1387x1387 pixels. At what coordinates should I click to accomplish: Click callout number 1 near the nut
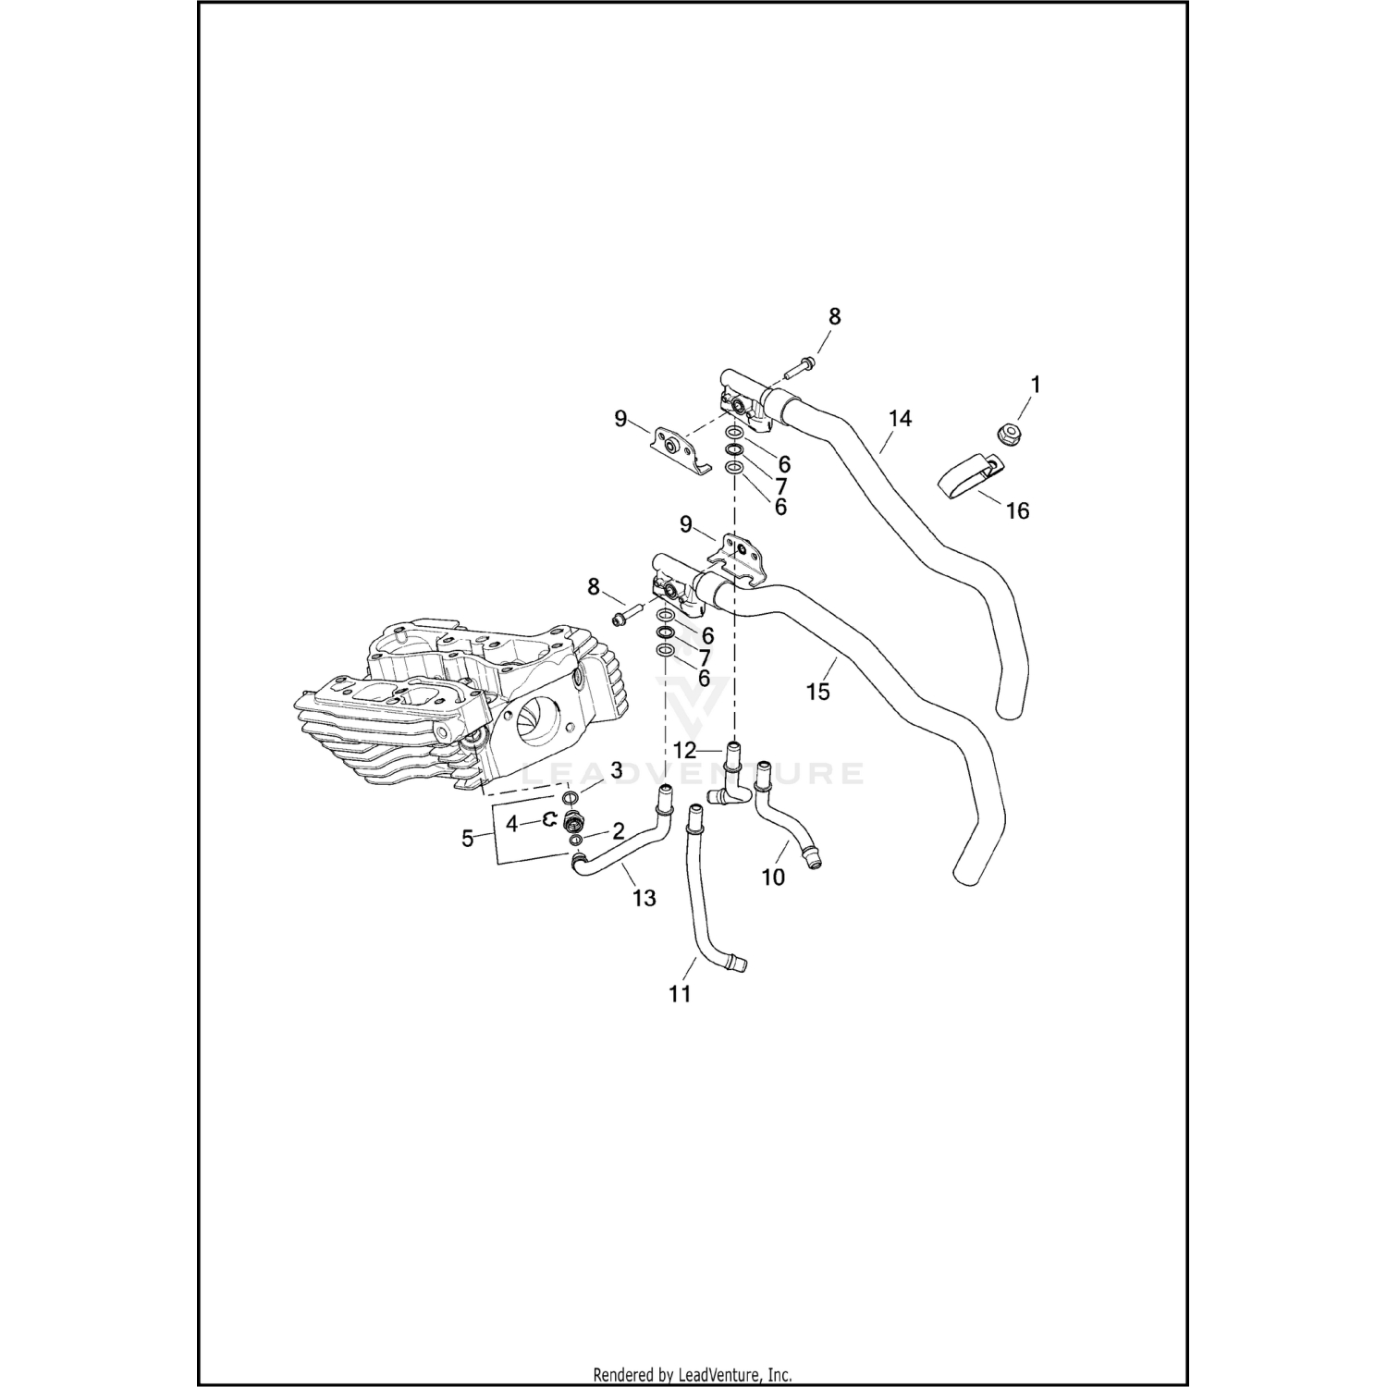1036,385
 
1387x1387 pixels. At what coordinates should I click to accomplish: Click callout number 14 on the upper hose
900,419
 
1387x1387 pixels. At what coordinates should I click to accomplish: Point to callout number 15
818,691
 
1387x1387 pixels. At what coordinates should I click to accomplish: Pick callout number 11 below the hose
680,994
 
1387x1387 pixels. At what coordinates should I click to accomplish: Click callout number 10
773,877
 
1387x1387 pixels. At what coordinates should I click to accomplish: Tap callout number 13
644,897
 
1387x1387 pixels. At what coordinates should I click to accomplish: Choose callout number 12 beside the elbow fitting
684,751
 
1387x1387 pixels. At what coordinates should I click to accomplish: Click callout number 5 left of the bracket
468,839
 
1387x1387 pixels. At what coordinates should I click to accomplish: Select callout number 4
511,822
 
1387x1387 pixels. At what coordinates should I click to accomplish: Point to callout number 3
616,770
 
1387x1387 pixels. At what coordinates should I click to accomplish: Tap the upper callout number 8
834,316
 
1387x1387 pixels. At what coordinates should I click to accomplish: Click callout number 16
1017,510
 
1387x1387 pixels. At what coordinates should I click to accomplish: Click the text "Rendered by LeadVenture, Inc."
693,1375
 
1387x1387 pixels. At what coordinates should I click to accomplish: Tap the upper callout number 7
780,485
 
